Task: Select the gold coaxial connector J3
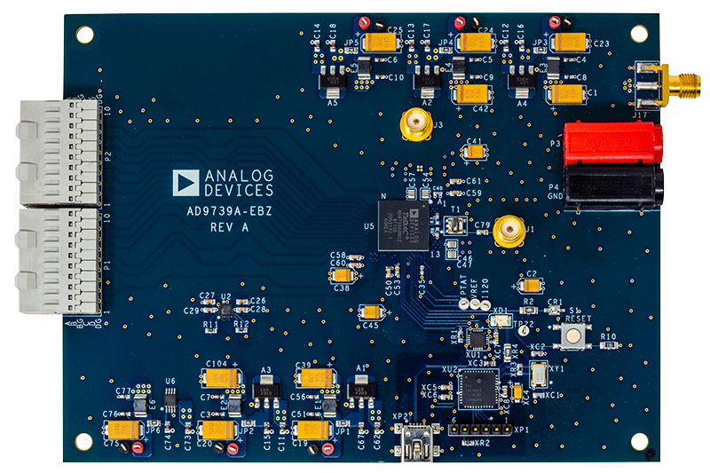(414, 125)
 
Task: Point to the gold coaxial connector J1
(508, 231)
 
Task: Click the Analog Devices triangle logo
(185, 183)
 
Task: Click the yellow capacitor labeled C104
(218, 379)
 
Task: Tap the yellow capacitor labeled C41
(474, 152)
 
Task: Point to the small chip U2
(225, 308)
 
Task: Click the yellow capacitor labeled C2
(532, 285)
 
